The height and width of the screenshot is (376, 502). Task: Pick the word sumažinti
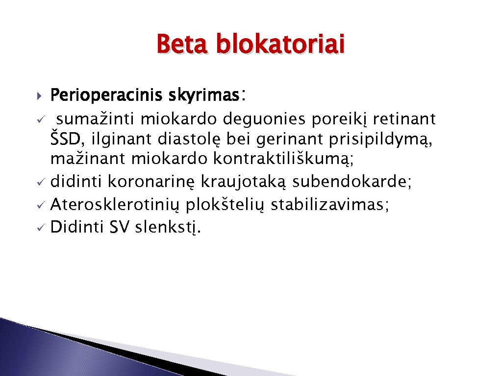pyautogui.click(x=100, y=118)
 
